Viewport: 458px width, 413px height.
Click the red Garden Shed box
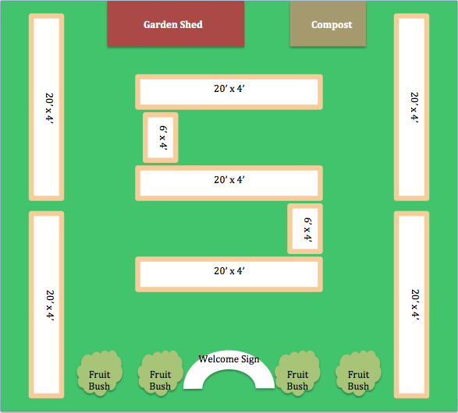point(176,23)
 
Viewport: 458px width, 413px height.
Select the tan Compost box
point(328,23)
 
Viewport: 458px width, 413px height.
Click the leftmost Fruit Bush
point(100,373)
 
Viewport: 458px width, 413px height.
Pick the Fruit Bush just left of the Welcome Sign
point(161,373)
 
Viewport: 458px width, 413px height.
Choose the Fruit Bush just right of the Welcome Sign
point(297,373)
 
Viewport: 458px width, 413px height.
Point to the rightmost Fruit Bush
point(358,373)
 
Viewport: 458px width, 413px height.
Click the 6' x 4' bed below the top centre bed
point(161,137)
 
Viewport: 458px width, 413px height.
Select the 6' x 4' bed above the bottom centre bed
point(305,228)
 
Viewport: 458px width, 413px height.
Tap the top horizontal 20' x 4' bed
point(229,92)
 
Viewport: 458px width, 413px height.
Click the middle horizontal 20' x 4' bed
point(229,183)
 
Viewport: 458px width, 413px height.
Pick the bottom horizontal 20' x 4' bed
point(229,274)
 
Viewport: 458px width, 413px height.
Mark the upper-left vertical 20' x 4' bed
point(47,107)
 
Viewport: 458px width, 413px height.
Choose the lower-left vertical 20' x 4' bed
point(47,305)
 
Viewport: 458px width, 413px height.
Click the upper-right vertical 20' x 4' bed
point(411,107)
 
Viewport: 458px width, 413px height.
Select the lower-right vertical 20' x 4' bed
point(411,305)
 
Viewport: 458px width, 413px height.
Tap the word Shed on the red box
point(191,24)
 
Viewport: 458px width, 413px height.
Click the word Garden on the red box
point(161,24)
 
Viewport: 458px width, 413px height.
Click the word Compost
point(332,25)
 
